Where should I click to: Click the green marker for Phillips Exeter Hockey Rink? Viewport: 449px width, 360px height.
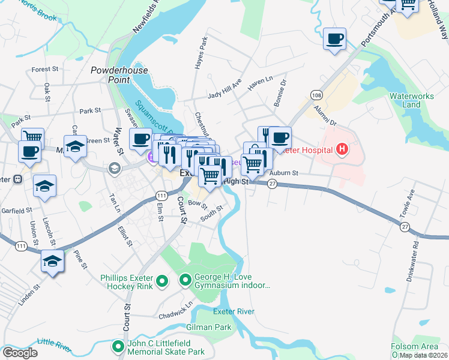click(161, 280)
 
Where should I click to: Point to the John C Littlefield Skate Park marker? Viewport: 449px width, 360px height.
click(119, 346)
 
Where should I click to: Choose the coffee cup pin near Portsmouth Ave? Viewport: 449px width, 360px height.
click(335, 40)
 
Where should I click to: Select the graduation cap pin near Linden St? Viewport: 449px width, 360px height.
click(53, 262)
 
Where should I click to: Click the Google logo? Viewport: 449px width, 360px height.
click(20, 353)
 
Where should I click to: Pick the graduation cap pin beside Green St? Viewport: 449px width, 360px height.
click(76, 146)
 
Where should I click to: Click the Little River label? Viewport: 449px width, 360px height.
click(54, 343)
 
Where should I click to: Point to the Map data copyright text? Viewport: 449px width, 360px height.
click(423, 355)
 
